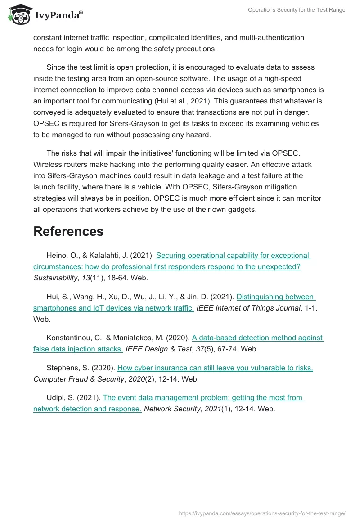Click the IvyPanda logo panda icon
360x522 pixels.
tap(19, 15)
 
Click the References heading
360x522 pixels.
tap(68, 231)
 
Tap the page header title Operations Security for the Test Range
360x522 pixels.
tap(297, 10)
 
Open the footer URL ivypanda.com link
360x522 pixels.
tap(262, 513)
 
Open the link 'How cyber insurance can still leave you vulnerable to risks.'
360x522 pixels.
tap(215, 368)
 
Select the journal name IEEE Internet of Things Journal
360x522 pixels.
tap(248, 308)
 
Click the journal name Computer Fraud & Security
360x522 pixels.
tap(79, 379)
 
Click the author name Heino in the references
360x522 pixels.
tap(56, 255)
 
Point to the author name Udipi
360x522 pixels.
tap(56, 397)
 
